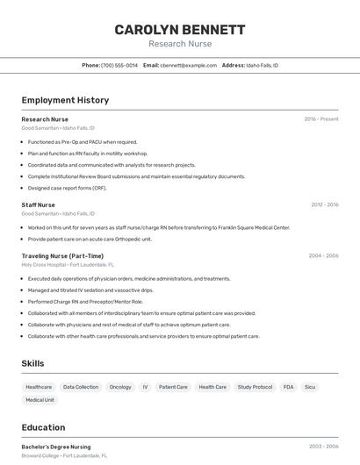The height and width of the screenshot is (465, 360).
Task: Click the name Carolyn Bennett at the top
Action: (180, 30)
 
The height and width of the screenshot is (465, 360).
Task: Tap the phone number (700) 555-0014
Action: (119, 65)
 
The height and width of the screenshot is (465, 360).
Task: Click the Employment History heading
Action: (65, 100)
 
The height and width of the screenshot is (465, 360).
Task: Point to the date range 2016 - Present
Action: (321, 119)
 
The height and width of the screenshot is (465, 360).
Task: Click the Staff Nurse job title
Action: (38, 204)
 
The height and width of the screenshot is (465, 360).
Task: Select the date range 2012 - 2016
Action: (324, 204)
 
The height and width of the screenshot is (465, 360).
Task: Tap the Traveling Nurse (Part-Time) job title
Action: (62, 256)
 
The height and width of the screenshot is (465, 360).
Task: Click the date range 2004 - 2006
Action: (323, 256)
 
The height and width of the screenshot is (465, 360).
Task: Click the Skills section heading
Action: (32, 363)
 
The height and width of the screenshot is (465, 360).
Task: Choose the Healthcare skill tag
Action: (39, 387)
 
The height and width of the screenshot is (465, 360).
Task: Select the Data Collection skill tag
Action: (81, 387)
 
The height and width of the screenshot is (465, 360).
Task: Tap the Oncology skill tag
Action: (120, 387)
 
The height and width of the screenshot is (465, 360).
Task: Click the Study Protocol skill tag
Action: (255, 387)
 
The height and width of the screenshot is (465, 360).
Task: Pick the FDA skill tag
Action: (289, 387)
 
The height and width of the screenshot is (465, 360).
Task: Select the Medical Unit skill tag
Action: (40, 400)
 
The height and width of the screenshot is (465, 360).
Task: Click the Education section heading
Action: (43, 427)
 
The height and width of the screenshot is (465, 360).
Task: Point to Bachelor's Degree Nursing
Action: (56, 447)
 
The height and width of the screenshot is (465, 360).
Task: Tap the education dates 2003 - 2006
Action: (323, 447)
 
